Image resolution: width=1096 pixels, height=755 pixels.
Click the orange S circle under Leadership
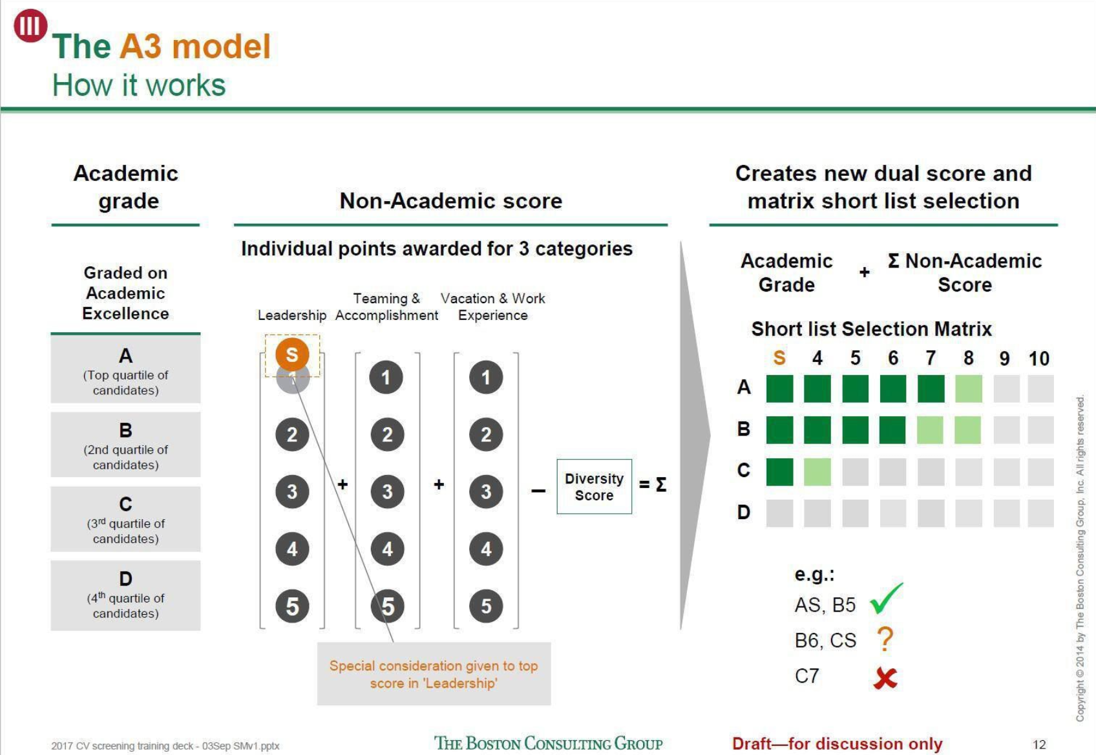pyautogui.click(x=292, y=354)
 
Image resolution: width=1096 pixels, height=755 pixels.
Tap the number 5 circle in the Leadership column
pyautogui.click(x=292, y=606)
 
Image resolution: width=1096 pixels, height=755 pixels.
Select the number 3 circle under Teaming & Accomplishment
pyautogui.click(x=387, y=491)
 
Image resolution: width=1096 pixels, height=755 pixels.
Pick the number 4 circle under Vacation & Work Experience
pyautogui.click(x=486, y=549)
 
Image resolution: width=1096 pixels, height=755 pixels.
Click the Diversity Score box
pyautogui.click(x=594, y=486)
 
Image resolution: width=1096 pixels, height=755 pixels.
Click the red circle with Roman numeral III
pyautogui.click(x=30, y=25)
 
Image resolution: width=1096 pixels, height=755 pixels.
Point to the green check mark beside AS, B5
pyautogui.click(x=886, y=599)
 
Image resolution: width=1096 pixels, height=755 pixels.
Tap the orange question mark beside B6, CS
pyautogui.click(x=885, y=639)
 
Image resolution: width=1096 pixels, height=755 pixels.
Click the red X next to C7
pyautogui.click(x=885, y=678)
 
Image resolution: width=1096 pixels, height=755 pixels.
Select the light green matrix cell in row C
pyautogui.click(x=817, y=472)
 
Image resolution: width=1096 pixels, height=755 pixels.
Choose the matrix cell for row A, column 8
pyautogui.click(x=968, y=388)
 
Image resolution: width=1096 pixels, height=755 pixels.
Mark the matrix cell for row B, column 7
pyautogui.click(x=930, y=430)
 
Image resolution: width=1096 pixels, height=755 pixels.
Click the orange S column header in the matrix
pyautogui.click(x=779, y=357)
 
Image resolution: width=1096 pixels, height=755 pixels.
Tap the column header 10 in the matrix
pyautogui.click(x=1038, y=359)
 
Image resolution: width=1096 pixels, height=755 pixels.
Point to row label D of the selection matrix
pyautogui.click(x=744, y=513)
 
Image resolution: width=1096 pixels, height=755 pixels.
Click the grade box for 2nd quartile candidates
pyautogui.click(x=126, y=444)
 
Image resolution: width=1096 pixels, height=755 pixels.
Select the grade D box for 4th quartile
pyautogui.click(x=126, y=595)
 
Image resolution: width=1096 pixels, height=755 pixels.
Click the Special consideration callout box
pyautogui.click(x=434, y=674)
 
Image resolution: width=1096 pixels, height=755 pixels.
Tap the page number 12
pyautogui.click(x=1039, y=744)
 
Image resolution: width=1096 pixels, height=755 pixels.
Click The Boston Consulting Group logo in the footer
pyautogui.click(x=548, y=743)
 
